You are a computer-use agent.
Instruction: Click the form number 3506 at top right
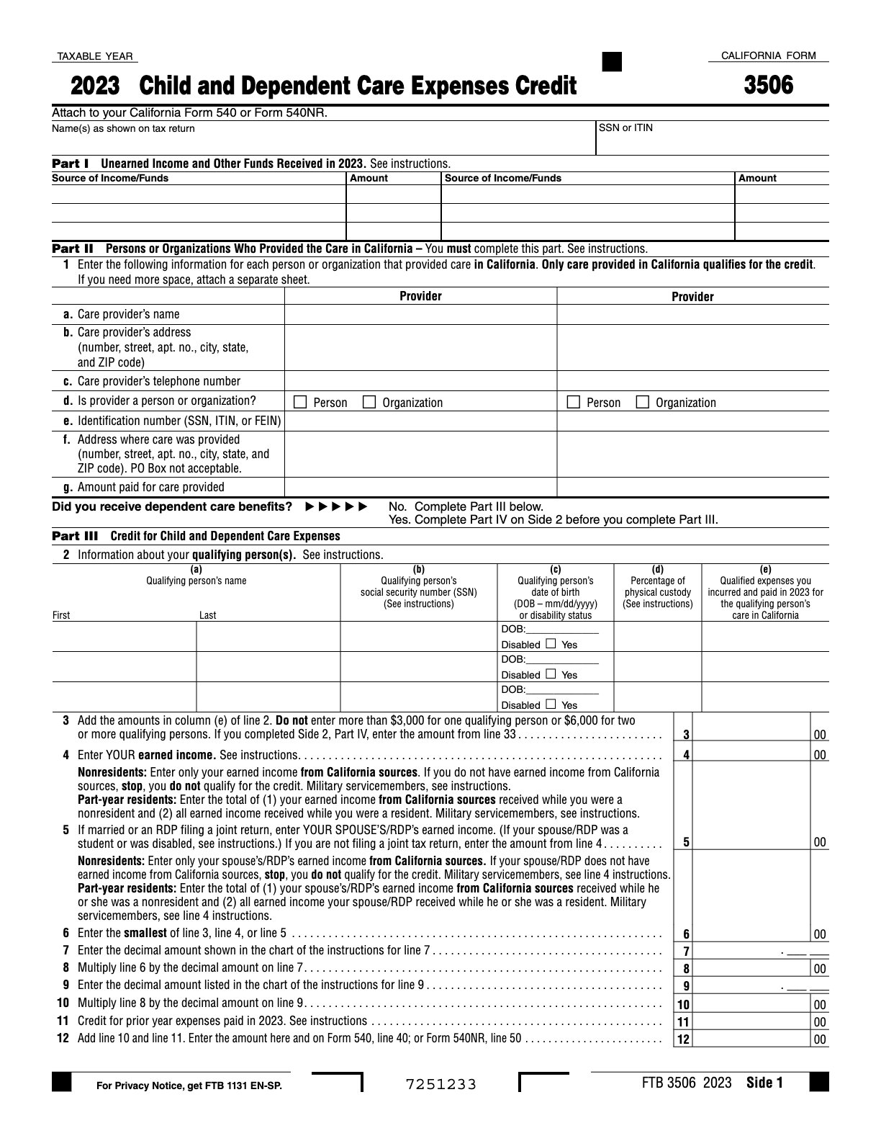(x=768, y=86)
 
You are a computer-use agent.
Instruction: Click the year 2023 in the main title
(x=95, y=86)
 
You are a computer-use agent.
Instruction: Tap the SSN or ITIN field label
(x=625, y=128)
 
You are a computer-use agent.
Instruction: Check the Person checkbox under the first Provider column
(x=301, y=402)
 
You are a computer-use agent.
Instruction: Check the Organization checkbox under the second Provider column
(x=643, y=402)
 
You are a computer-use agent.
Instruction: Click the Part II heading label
(x=73, y=249)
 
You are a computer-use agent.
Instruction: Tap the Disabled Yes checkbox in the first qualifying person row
(x=551, y=643)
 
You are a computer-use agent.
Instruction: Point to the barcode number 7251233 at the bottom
(x=440, y=1084)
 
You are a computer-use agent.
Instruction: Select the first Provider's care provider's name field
(x=420, y=314)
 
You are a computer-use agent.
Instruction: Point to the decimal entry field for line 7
(x=803, y=951)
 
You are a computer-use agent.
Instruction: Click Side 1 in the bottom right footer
(x=764, y=1083)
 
